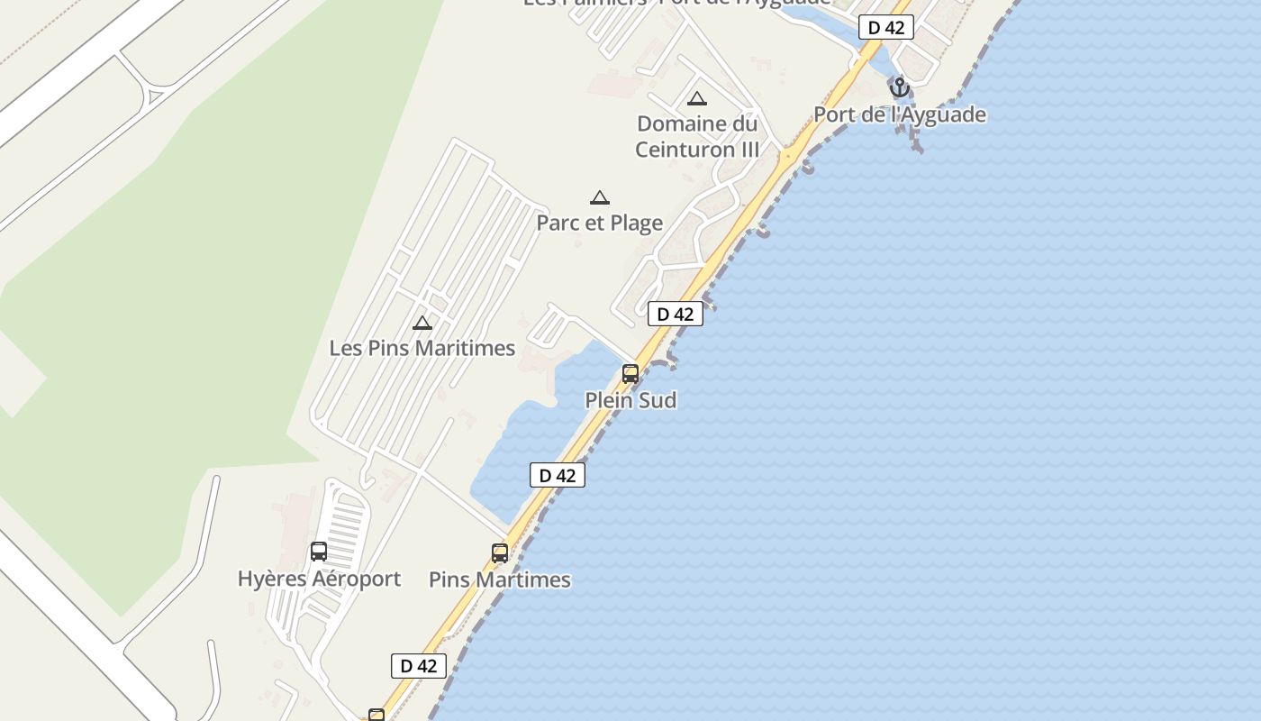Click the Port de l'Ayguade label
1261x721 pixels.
coord(900,115)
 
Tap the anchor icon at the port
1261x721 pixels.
coord(899,87)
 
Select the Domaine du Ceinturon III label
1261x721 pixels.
coord(697,136)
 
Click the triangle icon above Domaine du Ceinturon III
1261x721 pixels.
coord(696,98)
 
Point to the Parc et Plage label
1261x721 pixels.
coord(600,223)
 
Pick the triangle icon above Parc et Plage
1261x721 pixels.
coord(600,197)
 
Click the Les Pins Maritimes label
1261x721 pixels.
coord(422,348)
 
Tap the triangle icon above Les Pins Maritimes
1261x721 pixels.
coord(422,323)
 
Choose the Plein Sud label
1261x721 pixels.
coord(630,400)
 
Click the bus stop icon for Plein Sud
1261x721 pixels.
coord(630,373)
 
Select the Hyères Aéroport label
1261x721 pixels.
coord(319,579)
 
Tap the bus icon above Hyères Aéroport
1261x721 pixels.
coord(319,552)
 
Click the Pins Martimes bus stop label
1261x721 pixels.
coord(500,580)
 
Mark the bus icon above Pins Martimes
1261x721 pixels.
coord(500,552)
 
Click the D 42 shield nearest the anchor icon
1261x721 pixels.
coord(886,28)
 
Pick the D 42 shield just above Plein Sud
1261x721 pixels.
coord(676,314)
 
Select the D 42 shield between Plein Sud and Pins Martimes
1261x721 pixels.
coord(558,475)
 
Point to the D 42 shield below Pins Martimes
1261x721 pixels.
coord(419,666)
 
